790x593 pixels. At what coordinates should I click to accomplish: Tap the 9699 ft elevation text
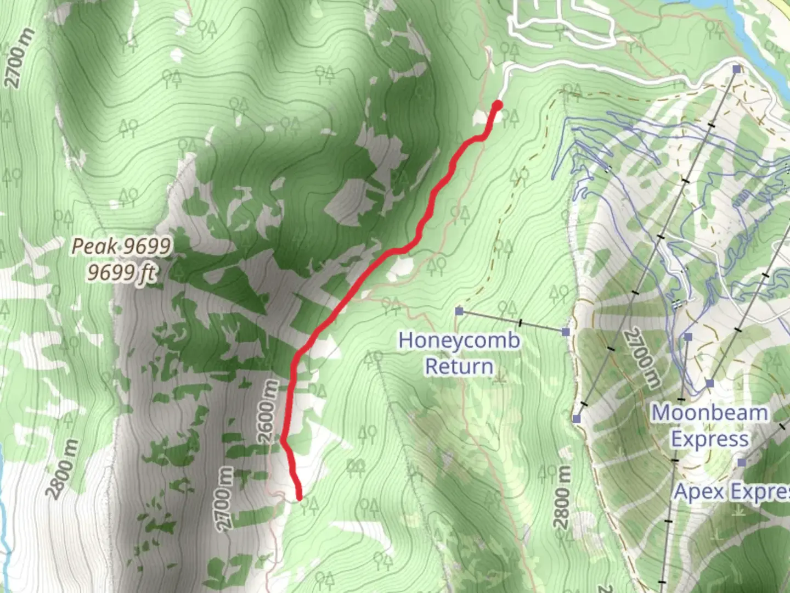[x=122, y=272]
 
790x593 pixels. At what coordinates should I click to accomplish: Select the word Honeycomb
[x=459, y=340]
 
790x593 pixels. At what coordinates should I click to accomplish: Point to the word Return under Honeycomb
[x=459, y=366]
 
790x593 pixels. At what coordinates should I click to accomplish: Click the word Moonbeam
[x=709, y=413]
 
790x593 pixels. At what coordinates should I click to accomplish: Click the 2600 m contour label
[x=268, y=410]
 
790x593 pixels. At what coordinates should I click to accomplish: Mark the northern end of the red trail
[x=498, y=105]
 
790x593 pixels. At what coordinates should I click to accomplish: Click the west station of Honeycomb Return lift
[x=459, y=311]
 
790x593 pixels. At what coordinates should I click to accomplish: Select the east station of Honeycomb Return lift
[x=566, y=332]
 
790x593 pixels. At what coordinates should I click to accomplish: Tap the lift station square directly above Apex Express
[x=742, y=463]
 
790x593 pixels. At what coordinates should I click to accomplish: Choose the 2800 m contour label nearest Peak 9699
[x=63, y=468]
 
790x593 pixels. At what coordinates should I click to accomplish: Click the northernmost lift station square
[x=737, y=69]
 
